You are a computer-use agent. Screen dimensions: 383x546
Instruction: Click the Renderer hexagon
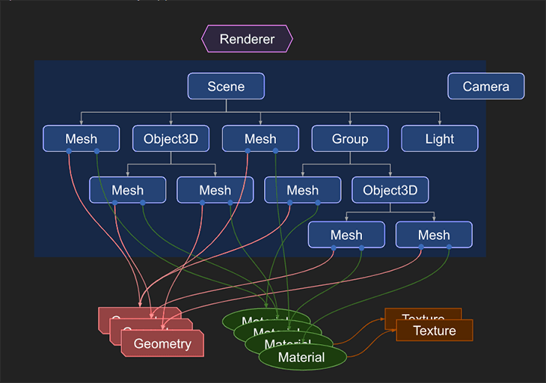point(247,39)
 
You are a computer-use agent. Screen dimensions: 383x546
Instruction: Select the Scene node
point(226,87)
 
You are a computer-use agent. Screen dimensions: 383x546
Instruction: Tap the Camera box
point(485,87)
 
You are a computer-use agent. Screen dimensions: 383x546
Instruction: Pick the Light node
point(439,139)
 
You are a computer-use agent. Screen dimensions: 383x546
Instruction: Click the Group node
point(350,139)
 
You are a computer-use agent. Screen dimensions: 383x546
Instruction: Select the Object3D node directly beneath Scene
point(171,139)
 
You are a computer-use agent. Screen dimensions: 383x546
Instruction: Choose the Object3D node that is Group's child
point(390,190)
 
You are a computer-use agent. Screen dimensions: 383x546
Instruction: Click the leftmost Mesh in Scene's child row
point(81,139)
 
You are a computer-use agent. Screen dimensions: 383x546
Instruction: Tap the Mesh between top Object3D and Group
point(260,139)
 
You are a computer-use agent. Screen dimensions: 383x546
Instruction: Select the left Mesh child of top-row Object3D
point(127,190)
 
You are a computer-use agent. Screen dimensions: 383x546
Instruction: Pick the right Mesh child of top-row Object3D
point(215,190)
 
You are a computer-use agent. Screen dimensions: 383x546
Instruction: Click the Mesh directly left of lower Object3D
point(302,190)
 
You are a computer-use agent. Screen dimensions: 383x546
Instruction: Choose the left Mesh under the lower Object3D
point(346,235)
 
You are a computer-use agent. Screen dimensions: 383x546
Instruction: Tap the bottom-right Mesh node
point(434,235)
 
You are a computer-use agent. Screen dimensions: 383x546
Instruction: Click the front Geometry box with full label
point(162,344)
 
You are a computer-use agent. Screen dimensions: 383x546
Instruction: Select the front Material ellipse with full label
point(301,358)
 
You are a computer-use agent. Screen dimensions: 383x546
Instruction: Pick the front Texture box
point(435,331)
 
